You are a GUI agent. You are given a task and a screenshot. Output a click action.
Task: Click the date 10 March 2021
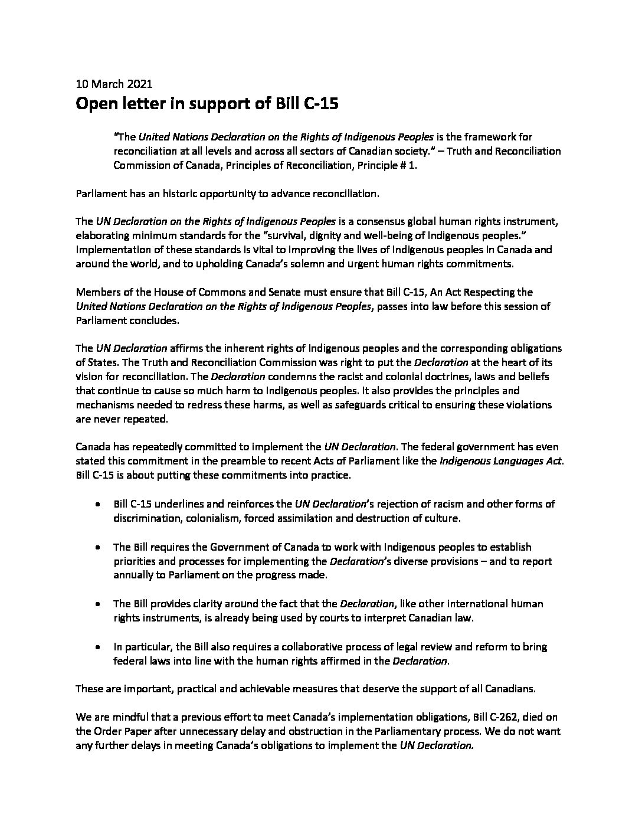point(114,84)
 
